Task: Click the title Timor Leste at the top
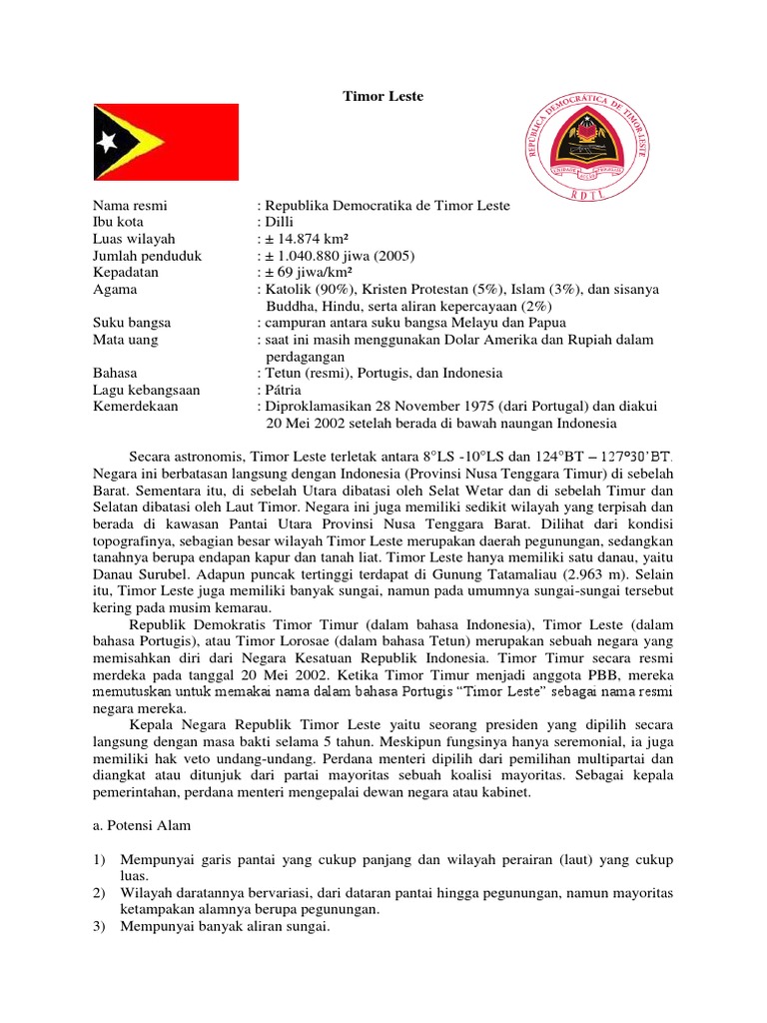[383, 96]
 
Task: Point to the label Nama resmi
[131, 205]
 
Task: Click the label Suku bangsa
[133, 323]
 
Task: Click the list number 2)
[100, 893]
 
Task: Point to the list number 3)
[100, 927]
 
